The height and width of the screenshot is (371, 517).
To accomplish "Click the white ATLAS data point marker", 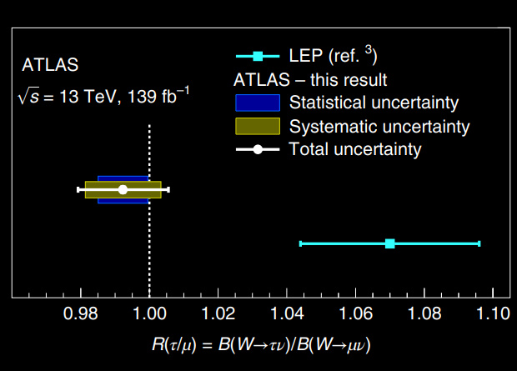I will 123,189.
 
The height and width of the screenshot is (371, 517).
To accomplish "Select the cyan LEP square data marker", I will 389,243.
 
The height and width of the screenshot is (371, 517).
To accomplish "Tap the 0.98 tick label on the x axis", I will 81,315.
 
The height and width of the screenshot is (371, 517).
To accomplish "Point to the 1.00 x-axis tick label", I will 149,315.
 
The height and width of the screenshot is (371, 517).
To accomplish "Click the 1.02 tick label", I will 218,315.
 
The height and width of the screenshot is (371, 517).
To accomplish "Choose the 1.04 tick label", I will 287,315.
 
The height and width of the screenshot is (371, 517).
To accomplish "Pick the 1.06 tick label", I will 355,315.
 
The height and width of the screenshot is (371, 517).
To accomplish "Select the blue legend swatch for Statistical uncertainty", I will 256,103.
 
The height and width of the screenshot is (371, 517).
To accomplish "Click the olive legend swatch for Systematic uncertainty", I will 256,127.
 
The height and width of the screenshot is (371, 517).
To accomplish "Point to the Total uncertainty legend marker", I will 258,150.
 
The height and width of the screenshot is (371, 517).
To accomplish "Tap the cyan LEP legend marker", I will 258,57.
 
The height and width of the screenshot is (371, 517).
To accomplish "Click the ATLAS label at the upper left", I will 49,65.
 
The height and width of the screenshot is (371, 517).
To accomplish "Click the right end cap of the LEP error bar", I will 479,243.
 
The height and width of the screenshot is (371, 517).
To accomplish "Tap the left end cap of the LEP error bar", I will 300,243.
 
